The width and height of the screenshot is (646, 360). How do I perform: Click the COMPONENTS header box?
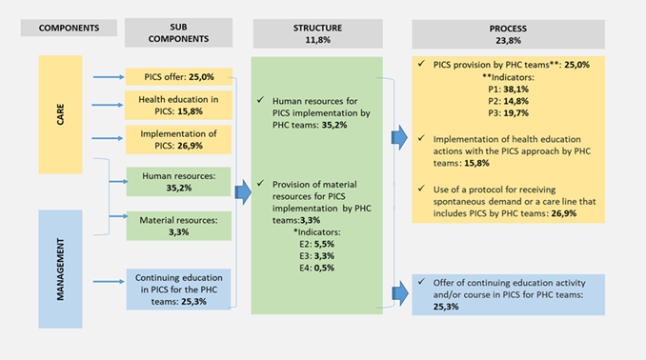click(69, 28)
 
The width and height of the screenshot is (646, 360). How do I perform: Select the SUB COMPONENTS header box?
click(178, 32)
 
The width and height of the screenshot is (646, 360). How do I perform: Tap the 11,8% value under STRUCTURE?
click(317, 40)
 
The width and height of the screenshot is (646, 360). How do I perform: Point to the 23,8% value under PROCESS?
click(508, 40)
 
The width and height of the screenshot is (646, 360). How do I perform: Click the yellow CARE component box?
click(61, 114)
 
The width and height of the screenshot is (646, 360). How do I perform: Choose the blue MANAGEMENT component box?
click(61, 269)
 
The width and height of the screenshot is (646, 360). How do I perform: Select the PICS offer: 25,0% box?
click(179, 77)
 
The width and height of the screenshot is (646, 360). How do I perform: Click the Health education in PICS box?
click(178, 105)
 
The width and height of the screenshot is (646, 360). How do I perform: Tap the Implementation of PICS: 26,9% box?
click(178, 140)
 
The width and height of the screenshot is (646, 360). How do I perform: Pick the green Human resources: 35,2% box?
click(178, 182)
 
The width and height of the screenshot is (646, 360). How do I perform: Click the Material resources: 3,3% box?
click(179, 226)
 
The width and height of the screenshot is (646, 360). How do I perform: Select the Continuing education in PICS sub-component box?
click(178, 290)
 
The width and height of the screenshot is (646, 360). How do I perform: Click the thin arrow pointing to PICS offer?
click(109, 77)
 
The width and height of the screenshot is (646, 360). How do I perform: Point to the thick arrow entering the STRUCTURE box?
click(243, 192)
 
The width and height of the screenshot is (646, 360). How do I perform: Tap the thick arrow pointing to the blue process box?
click(400, 293)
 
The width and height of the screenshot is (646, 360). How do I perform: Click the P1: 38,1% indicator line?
click(508, 89)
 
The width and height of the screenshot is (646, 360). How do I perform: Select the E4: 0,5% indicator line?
click(317, 268)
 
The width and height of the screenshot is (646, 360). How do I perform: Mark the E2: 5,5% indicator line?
click(317, 244)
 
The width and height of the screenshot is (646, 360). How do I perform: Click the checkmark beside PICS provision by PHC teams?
click(421, 64)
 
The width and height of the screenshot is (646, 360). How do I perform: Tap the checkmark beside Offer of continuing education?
click(421, 281)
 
